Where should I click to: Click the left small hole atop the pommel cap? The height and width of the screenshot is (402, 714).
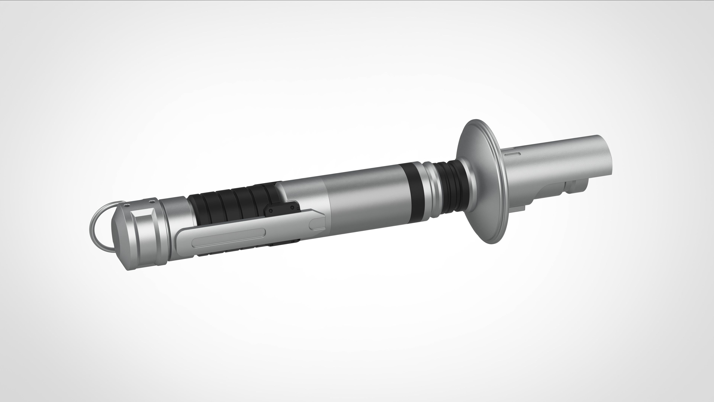tap(127, 205)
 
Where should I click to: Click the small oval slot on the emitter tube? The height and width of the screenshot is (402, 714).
tap(511, 153)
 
